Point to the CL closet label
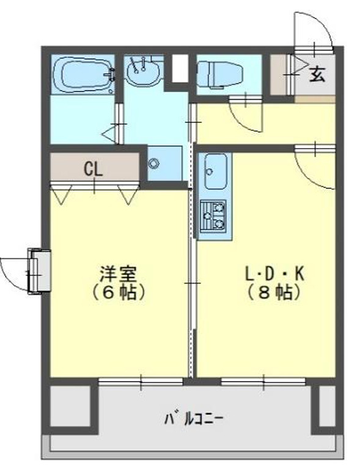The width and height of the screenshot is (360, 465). point(93,169)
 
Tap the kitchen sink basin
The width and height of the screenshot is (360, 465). point(216,171)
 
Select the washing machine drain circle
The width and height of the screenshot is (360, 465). point(154,163)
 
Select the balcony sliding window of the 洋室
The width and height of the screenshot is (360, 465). point(141,382)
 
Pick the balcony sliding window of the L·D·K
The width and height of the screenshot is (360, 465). point(264,382)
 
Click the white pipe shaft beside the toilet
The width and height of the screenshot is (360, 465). point(180,68)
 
